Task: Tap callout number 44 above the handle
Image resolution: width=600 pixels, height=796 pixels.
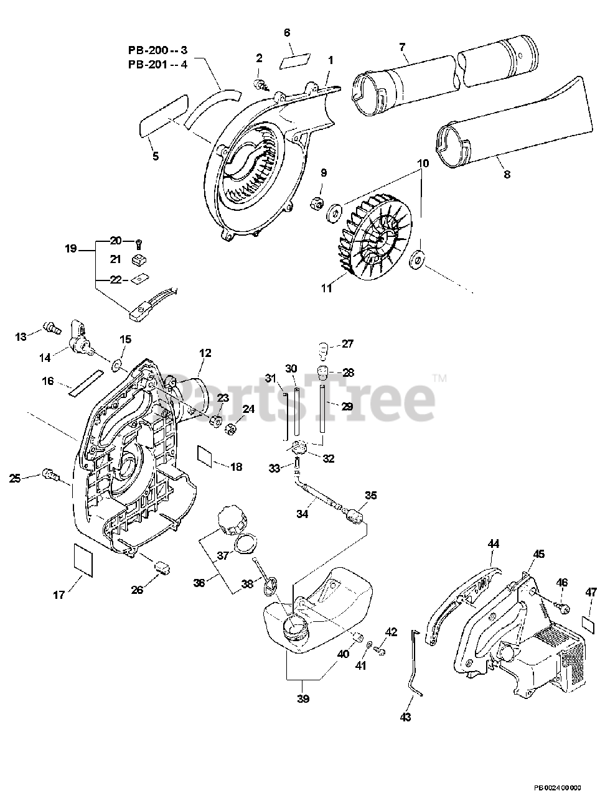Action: click(493, 544)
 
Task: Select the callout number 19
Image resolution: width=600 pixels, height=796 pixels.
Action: click(70, 249)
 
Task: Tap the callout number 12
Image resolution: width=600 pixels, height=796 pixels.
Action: click(205, 353)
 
